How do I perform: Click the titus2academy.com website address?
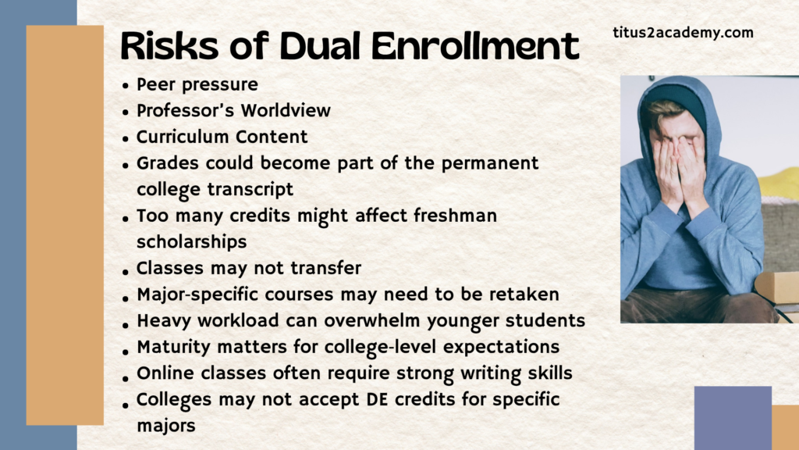pyautogui.click(x=683, y=33)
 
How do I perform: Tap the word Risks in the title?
pyautogui.click(x=169, y=46)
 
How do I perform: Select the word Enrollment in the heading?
pyautogui.click(x=475, y=46)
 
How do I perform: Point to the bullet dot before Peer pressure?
pyautogui.click(x=126, y=86)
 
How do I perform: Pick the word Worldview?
pyautogui.click(x=286, y=111)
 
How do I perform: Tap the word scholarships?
pyautogui.click(x=192, y=242)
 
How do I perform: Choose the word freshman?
pyautogui.click(x=455, y=216)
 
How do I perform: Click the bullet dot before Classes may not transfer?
pyautogui.click(x=126, y=271)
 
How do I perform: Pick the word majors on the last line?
pyautogui.click(x=166, y=426)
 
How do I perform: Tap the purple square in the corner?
pyautogui.click(x=733, y=418)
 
